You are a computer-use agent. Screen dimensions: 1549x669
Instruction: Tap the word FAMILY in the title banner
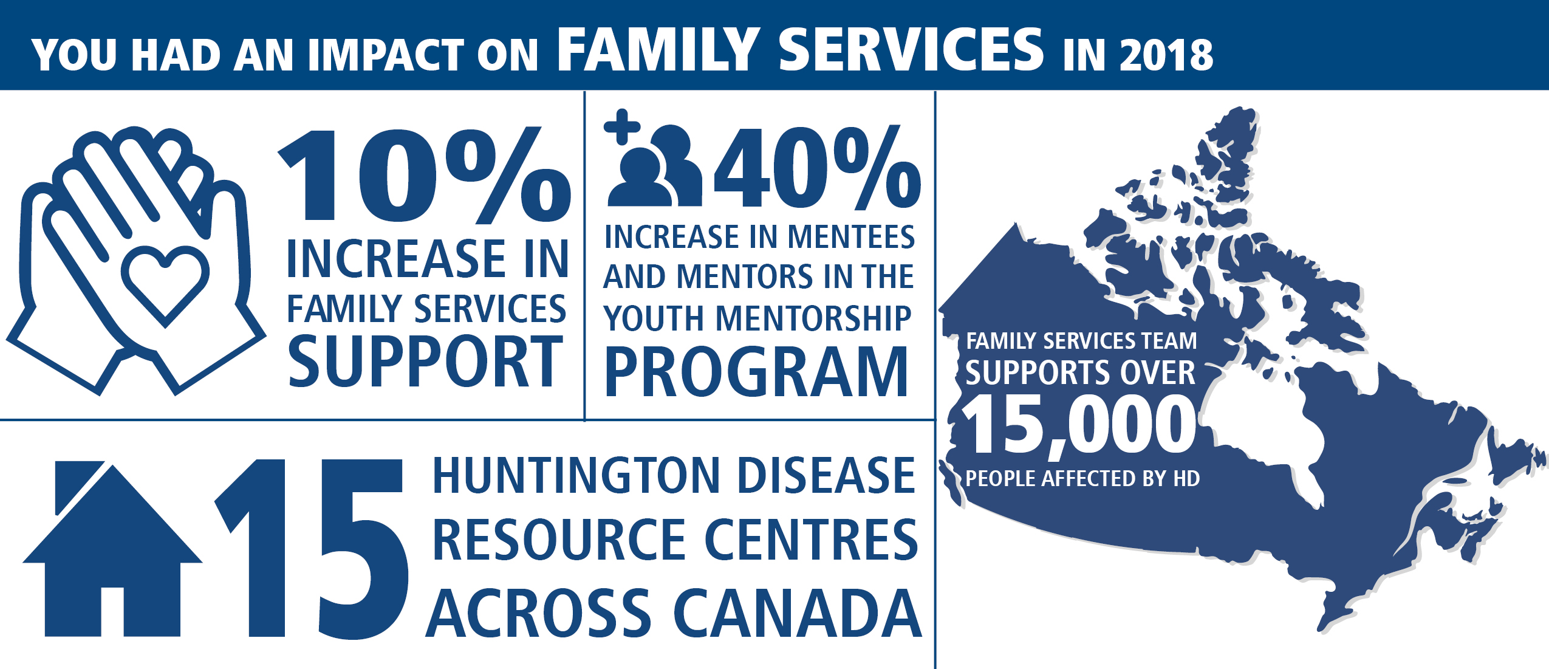pos(658,49)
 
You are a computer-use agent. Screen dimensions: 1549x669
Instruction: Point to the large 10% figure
pos(424,176)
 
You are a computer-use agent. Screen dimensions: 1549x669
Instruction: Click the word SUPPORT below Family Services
pos(425,362)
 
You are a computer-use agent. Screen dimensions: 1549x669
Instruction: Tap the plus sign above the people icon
pos(622,127)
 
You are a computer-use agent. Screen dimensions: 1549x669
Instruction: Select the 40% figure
pos(817,167)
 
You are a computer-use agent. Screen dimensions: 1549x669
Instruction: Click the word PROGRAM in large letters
pos(756,372)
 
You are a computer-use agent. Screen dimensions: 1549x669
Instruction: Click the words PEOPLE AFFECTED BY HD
pos(1082,479)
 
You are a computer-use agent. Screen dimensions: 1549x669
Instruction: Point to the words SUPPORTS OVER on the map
pos(1080,372)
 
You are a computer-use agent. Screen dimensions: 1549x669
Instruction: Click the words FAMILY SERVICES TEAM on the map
pos(1081,341)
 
